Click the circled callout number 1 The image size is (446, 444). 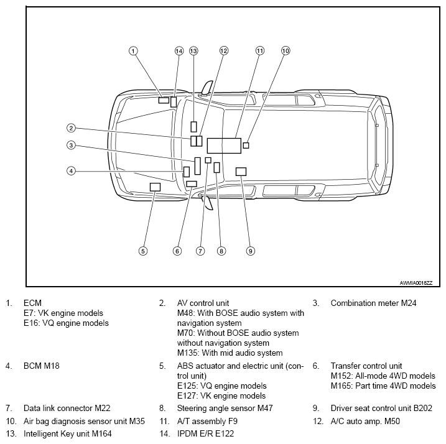point(133,51)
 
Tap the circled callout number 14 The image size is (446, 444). point(179,51)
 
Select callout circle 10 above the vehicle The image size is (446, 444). point(286,50)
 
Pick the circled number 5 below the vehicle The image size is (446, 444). point(143,251)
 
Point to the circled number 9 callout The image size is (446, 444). point(250,251)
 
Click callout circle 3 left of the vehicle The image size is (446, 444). point(71,146)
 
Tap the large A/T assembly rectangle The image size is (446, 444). point(224,146)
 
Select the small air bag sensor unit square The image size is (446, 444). point(246,146)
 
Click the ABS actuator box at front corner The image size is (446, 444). point(155,187)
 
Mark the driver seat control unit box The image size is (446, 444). point(241,172)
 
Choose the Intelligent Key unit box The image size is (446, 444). point(193,127)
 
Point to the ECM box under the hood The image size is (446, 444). point(164,100)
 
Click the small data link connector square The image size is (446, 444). point(208,160)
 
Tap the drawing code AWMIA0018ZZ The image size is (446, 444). point(416,283)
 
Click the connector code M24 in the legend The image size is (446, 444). point(409,303)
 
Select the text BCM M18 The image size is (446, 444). point(42,366)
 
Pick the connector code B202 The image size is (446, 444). point(423,409)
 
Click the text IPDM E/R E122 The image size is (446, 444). point(205,434)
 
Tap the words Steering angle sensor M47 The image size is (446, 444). point(225,409)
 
